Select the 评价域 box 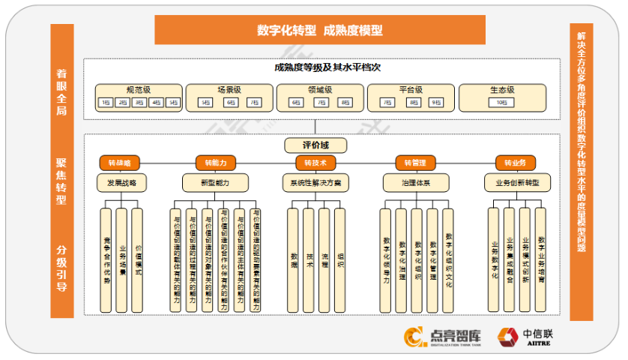(315, 145)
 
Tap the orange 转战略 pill (119, 162)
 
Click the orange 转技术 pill (315, 162)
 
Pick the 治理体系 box (415, 182)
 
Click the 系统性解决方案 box (315, 182)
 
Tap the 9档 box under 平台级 (435, 102)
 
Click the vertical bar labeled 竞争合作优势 (106, 259)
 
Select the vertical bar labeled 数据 (293, 259)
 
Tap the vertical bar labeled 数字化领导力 (386, 259)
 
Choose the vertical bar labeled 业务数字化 (494, 259)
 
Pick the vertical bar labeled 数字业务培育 (540, 259)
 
